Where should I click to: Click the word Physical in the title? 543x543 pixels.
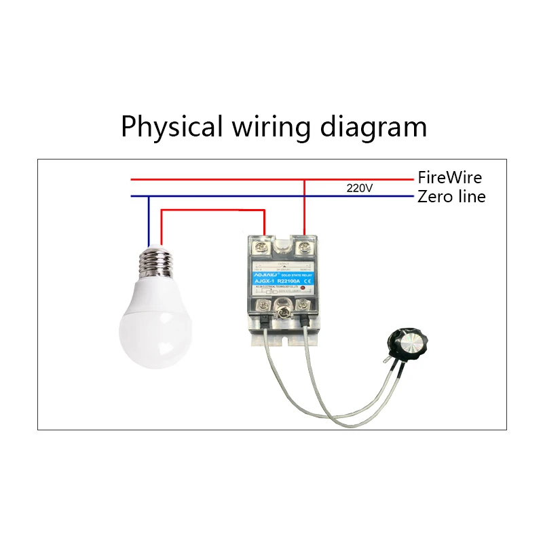pos(171,127)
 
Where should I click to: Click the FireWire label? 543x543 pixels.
pos(449,178)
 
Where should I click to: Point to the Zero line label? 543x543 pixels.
pos(451,197)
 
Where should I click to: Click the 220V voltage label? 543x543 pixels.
pos(359,188)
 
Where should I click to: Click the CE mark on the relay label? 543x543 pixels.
pos(307,280)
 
